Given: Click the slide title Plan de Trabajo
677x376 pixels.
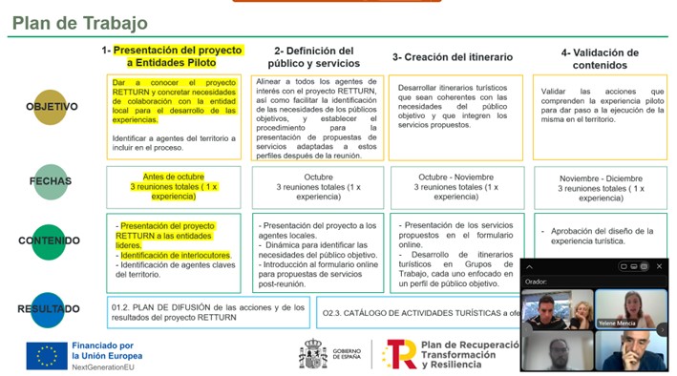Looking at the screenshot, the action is pos(80,22).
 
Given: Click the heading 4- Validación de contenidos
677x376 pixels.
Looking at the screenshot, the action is pos(600,58).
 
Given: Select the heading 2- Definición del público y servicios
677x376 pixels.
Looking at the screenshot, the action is pos(313,57).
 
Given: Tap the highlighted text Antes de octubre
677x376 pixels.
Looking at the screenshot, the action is pos(174,177).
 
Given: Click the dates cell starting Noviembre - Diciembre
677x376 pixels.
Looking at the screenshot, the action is pos(601,188).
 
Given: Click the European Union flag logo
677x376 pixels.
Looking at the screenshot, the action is pos(46,354).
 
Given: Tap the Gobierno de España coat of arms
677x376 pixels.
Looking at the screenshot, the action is pos(313,354).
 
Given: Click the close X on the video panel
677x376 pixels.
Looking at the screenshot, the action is pos(660,266).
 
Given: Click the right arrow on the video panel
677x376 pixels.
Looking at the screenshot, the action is pos(662,329).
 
